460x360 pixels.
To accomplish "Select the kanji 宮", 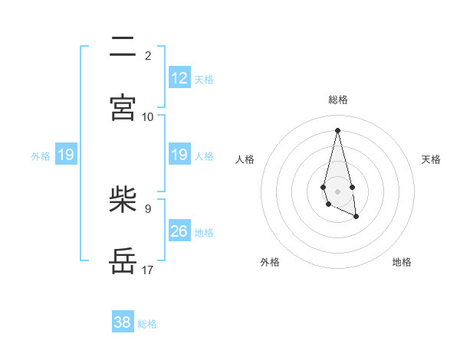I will pos(123,108).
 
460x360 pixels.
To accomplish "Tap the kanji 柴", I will pos(123,201).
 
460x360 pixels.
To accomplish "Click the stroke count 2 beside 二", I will pos(148,56).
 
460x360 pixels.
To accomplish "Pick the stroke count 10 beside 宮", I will pos(148,117).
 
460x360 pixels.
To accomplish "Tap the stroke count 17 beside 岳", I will pos(148,270).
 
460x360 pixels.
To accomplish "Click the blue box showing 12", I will pos(179,78).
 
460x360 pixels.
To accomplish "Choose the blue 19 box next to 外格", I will pos(66,155).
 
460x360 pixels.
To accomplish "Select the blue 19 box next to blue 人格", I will pos(179,155).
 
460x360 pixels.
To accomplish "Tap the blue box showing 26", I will pos(179,231).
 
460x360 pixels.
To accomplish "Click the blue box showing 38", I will pos(123,322).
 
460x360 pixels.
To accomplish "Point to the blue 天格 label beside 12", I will pos(204,80).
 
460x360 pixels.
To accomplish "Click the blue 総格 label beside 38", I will pos(147,324).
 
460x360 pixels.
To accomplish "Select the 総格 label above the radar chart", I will pos(338,100).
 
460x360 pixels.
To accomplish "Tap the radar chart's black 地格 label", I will pos(402,262).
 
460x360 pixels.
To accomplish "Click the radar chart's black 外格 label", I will pos(270,262).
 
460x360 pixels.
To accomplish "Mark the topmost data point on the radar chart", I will pos(337,129).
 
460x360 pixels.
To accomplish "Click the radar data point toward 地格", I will pos(356,218).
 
